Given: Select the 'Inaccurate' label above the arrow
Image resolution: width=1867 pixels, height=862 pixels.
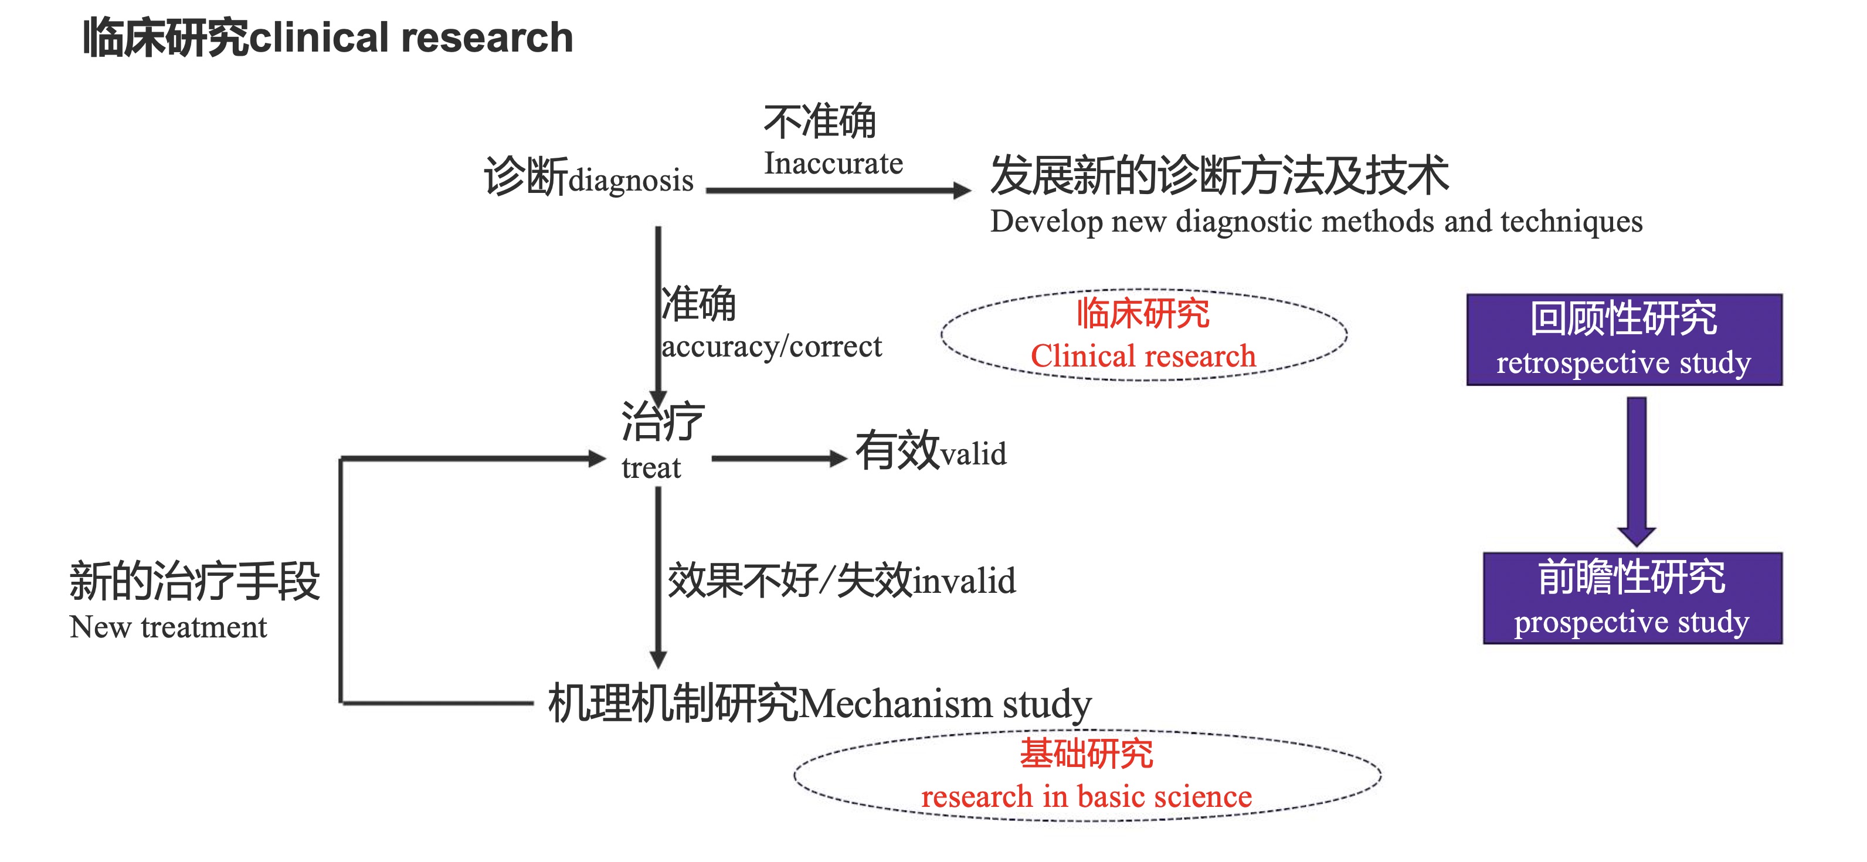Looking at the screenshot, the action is tap(833, 163).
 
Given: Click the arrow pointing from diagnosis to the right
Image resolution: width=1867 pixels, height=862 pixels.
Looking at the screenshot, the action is tap(838, 191).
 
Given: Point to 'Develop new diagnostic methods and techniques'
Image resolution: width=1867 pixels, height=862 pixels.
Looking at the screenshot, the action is tap(1316, 222).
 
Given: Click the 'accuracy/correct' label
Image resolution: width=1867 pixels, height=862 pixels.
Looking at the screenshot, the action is tap(772, 347).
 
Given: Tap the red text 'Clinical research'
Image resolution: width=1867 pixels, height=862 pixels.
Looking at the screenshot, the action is tap(1143, 356).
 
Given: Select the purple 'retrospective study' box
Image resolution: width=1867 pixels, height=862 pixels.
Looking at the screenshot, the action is tap(1624, 340).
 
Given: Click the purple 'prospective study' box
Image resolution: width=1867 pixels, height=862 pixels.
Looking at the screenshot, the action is tap(1632, 598).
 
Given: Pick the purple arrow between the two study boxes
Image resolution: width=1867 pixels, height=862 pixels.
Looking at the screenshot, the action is tap(1637, 471).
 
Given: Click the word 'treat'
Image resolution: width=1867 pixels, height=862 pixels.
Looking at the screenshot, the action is tap(651, 467).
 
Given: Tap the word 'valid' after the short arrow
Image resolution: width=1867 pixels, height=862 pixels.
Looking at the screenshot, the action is tap(973, 454).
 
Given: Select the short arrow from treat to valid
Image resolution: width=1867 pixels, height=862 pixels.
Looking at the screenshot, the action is tap(779, 458).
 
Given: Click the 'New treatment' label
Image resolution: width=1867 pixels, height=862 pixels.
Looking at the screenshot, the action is tap(168, 627).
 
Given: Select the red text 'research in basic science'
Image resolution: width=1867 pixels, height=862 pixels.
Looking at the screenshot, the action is tap(1087, 797).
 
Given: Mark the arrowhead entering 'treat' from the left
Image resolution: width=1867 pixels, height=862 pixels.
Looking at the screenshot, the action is tap(597, 458).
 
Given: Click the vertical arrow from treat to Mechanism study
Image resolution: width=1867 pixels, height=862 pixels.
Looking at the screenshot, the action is tap(658, 577).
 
